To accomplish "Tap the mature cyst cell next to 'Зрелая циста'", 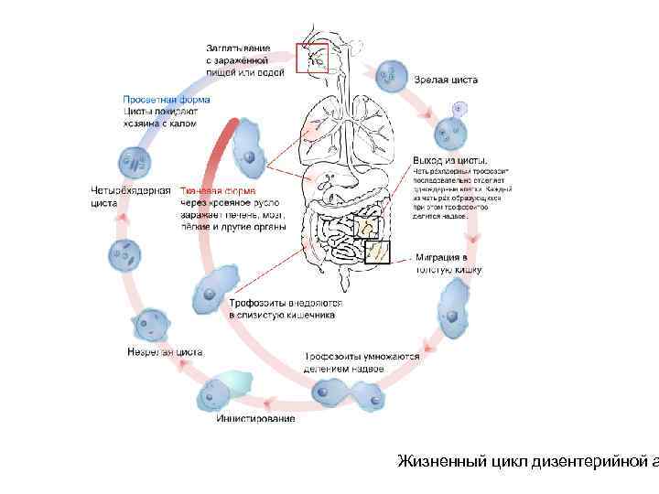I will [x=393, y=74].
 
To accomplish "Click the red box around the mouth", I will [x=311, y=58].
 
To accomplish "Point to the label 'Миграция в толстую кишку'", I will [x=448, y=263].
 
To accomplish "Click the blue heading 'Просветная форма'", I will [x=167, y=99].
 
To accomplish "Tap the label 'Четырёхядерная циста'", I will [x=131, y=197].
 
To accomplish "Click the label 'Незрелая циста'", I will [x=165, y=351].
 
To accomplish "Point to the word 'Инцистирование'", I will [x=255, y=419].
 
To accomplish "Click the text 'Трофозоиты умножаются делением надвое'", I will [x=362, y=362].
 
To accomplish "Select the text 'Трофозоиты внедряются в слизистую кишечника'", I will [x=285, y=308].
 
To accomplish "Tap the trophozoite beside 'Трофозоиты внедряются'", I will [x=212, y=290].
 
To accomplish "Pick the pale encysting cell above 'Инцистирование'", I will [x=223, y=391].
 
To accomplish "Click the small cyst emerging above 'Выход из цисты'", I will [x=449, y=131].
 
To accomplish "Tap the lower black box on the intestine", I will [x=377, y=251].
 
